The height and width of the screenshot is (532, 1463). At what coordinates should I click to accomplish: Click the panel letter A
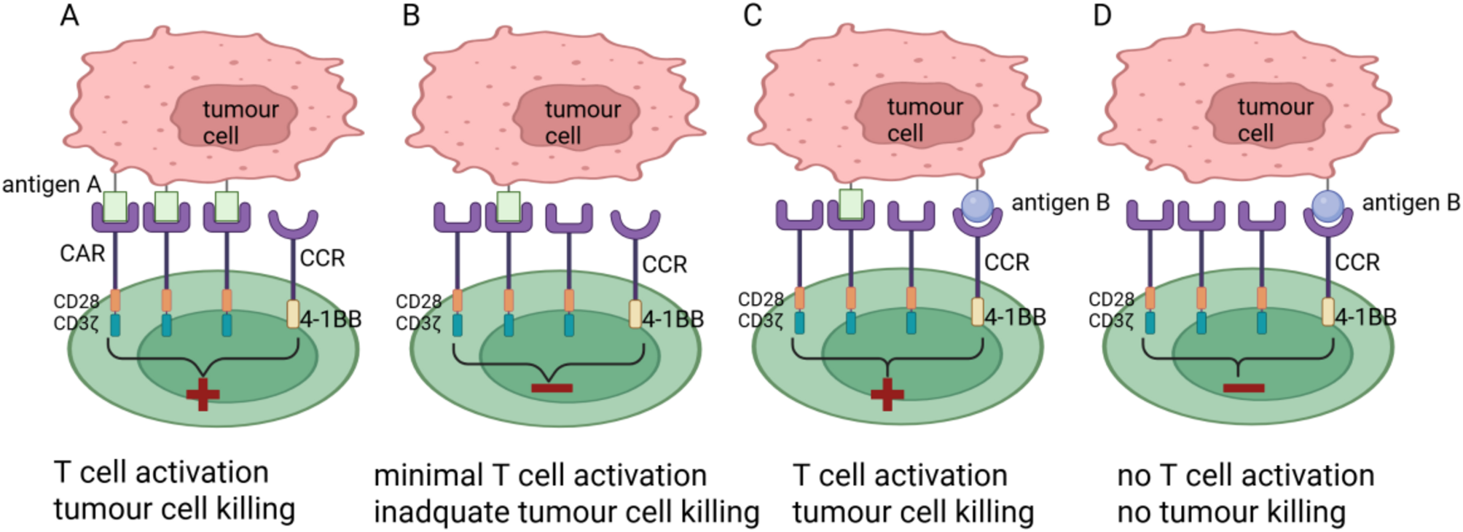point(69,15)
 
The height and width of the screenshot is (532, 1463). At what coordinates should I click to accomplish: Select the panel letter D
point(1102,15)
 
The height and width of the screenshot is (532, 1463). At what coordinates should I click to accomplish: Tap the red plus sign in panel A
point(203,395)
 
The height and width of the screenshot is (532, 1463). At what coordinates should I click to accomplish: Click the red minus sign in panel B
point(552,388)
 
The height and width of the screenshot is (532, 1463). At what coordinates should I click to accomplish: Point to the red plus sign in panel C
point(887,394)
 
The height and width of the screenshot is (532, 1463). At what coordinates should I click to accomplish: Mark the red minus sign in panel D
point(1243,388)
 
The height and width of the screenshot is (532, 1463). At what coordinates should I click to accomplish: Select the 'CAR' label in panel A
point(82,254)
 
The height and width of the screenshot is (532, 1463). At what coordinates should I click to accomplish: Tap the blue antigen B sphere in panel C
point(977,206)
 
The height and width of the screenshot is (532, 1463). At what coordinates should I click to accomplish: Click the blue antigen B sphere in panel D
point(1327,206)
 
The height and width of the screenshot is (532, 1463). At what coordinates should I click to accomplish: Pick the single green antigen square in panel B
point(509,206)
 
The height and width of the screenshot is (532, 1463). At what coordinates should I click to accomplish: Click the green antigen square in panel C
point(851,204)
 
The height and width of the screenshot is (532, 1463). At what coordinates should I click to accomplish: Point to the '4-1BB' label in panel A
point(331,319)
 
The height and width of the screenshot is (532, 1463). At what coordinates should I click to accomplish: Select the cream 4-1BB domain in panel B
point(635,314)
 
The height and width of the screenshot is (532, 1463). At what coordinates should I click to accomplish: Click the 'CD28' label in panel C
point(761,300)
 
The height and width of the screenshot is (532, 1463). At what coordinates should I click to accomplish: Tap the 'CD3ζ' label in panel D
point(1111,321)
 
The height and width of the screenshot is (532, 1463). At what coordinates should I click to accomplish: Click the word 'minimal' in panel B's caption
point(427,476)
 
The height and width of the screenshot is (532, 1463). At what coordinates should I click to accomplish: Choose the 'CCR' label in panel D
point(1357,262)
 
